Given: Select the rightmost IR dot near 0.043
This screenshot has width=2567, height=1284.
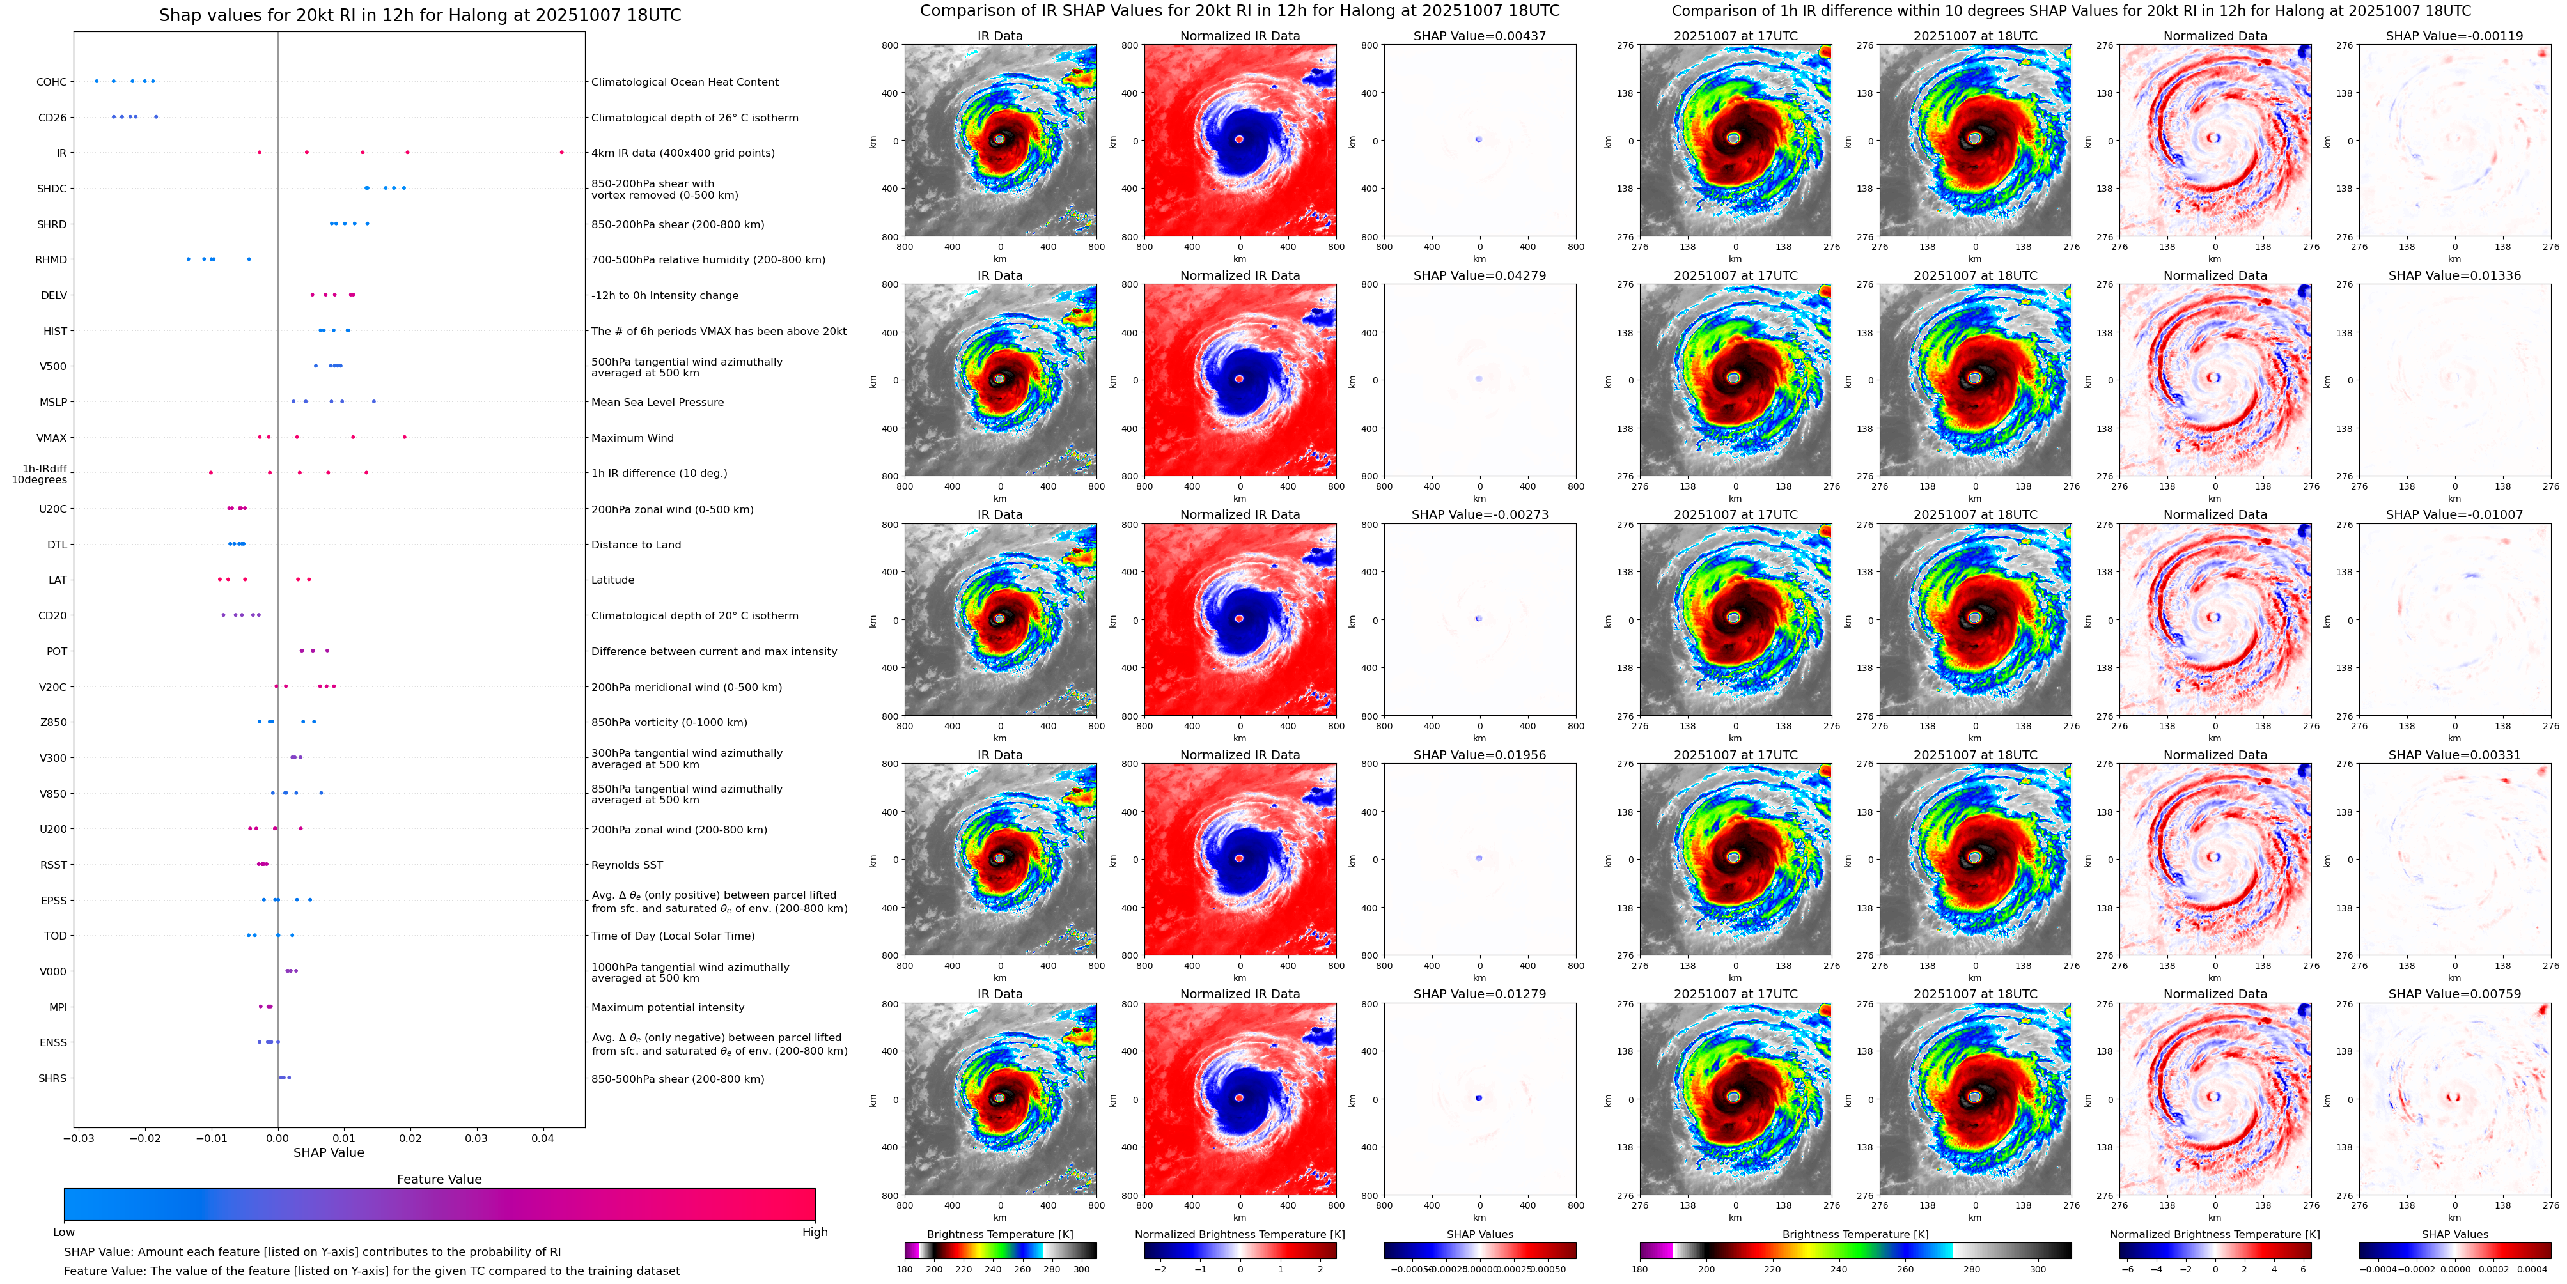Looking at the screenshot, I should click(x=561, y=152).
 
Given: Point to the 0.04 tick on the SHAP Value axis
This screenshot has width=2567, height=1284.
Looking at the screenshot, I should click(x=542, y=1138).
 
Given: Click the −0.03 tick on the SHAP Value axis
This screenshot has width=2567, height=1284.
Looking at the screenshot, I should click(x=80, y=1138).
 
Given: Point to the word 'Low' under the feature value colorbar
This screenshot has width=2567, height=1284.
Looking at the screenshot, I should click(x=64, y=1232).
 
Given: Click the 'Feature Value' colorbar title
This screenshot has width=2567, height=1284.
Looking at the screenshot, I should click(x=439, y=1179).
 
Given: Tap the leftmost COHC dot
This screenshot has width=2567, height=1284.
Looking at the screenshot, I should click(x=97, y=81).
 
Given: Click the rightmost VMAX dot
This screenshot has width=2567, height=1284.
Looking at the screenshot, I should click(x=403, y=437).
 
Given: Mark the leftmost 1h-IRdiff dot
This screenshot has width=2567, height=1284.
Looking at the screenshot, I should click(x=210, y=472).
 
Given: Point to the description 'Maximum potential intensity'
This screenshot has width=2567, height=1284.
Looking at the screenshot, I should click(x=667, y=1008).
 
